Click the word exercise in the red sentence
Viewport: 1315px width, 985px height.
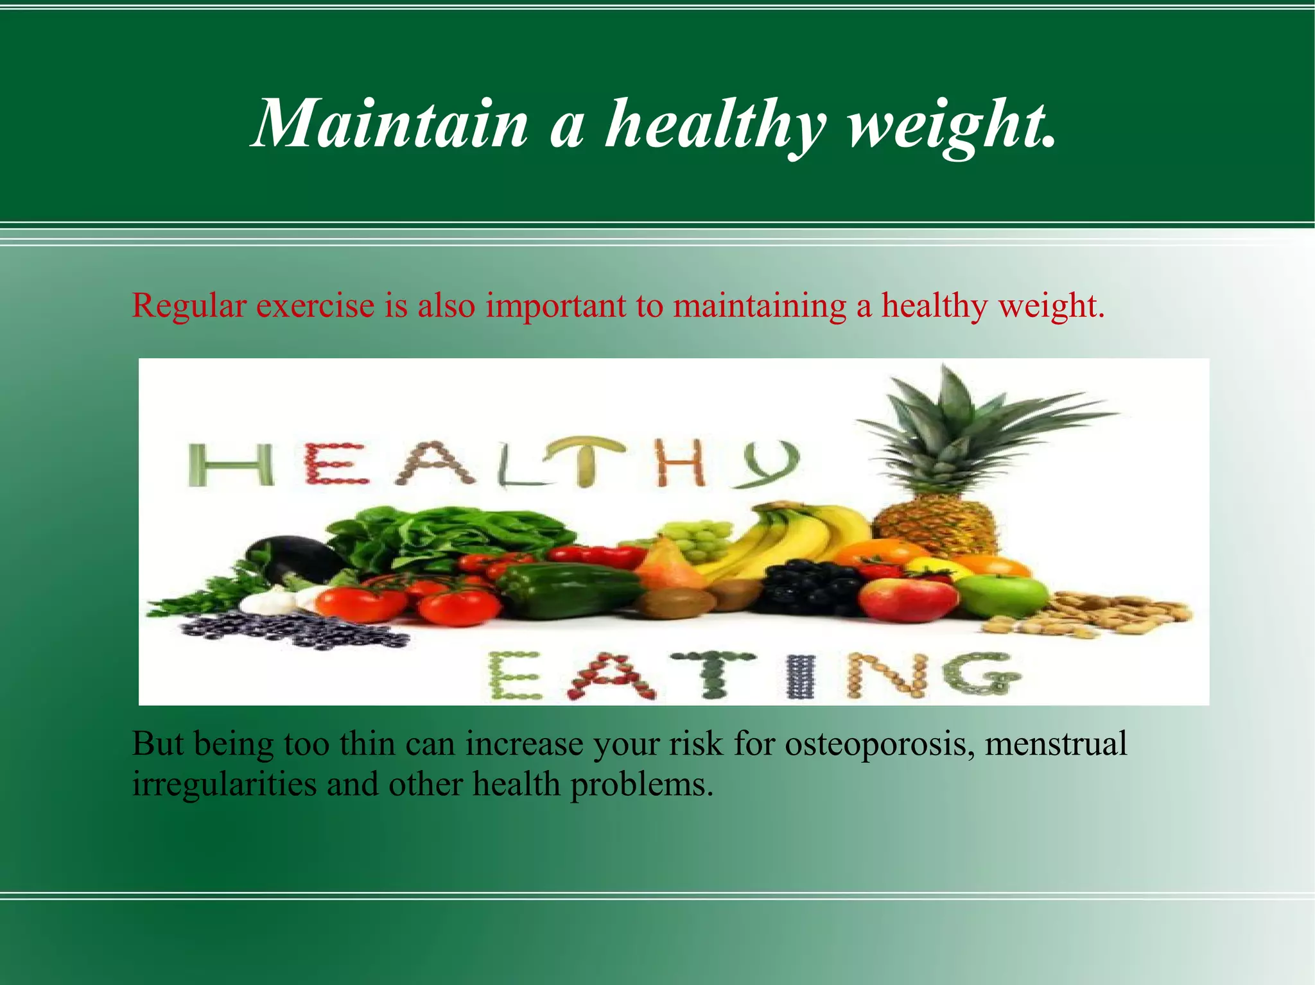(315, 305)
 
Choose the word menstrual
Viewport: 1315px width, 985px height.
(1056, 744)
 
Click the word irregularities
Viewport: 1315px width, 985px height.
(224, 784)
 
